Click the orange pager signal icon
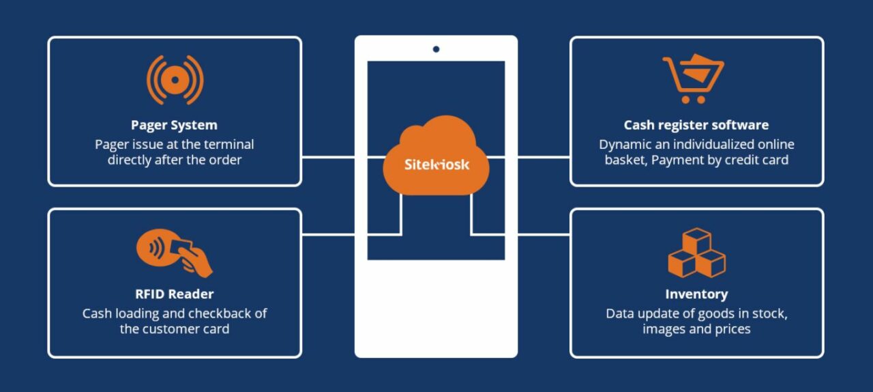point(175,80)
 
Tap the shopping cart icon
point(693,78)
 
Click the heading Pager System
point(174,125)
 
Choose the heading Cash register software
point(696,125)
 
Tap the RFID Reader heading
point(174,294)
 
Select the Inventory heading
point(696,294)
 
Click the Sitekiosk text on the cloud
point(436,165)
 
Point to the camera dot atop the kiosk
point(436,49)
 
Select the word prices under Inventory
point(731,329)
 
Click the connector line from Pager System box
point(327,157)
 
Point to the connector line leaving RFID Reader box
point(327,234)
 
